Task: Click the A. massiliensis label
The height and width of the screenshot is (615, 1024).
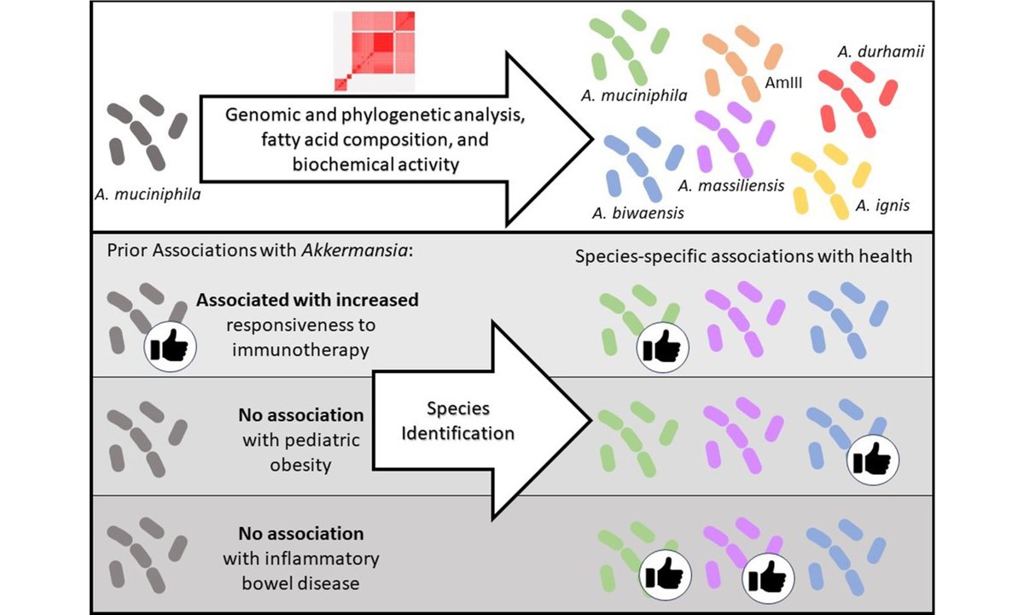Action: pyautogui.click(x=731, y=184)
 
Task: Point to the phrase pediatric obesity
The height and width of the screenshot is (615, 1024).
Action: pyautogui.click(x=300, y=453)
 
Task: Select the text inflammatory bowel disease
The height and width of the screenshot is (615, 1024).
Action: pyautogui.click(x=300, y=572)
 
